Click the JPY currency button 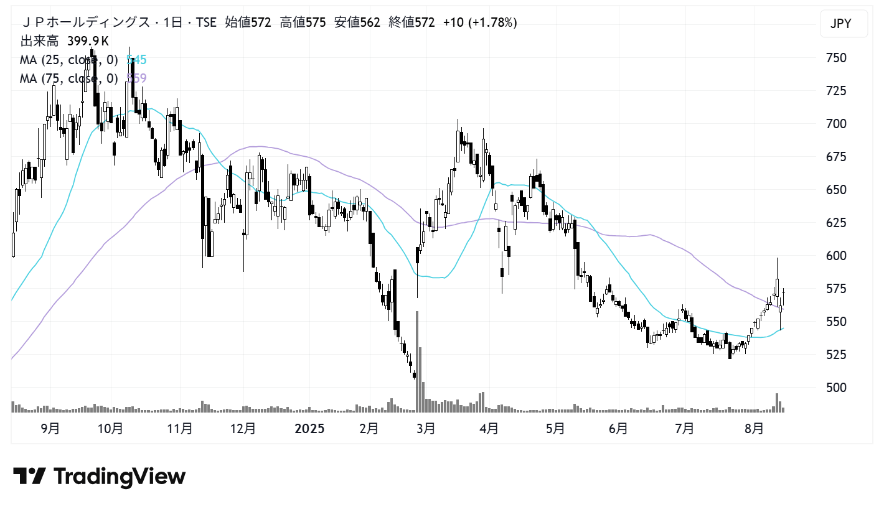pos(844,24)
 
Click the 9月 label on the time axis pos(50,429)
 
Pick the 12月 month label pos(243,429)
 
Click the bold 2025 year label pos(309,429)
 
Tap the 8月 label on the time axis pos(754,429)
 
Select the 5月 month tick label pos(555,429)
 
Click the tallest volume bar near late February pos(416,361)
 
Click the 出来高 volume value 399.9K pos(88,42)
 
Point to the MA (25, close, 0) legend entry pos(69,60)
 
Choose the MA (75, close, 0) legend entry pos(69,78)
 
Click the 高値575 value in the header pos(303,23)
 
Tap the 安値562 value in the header pos(358,23)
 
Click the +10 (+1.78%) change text pos(479,23)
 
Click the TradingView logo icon pos(29,477)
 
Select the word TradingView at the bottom pos(120,477)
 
